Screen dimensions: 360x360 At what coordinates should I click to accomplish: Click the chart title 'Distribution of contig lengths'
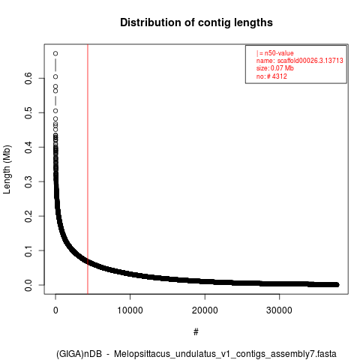(196, 22)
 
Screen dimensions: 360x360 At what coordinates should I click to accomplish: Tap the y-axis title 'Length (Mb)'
(7, 169)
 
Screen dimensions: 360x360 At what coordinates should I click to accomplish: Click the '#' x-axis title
(196, 331)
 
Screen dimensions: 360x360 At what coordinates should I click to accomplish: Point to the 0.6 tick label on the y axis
(28, 78)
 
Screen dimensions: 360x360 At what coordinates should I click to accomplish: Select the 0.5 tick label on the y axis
(28, 112)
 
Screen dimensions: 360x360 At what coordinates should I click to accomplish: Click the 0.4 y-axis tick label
(28, 147)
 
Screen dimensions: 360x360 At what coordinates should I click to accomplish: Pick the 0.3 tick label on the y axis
(28, 181)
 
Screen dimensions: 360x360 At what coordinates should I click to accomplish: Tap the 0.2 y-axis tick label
(28, 216)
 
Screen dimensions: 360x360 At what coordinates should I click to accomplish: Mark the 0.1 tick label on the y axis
(28, 250)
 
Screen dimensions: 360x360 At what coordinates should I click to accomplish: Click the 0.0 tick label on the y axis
(28, 285)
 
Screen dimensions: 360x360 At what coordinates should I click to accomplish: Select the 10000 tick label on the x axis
(130, 310)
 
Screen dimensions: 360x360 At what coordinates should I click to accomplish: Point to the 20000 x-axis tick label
(205, 310)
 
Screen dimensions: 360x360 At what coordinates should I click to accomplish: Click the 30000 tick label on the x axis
(279, 310)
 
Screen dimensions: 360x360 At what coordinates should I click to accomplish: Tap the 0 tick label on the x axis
(55, 310)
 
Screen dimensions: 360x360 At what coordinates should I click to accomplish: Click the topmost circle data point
(55, 53)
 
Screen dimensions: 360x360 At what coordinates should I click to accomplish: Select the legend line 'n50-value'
(274, 53)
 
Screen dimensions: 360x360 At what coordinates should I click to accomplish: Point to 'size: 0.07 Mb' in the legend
(274, 68)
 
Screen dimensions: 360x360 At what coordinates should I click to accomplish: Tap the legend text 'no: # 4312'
(271, 76)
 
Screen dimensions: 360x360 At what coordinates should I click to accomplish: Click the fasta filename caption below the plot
(196, 354)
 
